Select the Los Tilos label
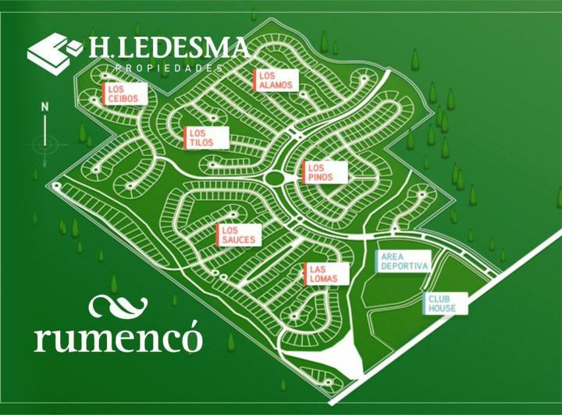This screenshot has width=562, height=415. point(207,138)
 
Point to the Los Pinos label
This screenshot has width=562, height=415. point(325,172)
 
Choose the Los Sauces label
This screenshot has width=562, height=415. point(238,235)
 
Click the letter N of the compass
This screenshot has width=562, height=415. point(45,107)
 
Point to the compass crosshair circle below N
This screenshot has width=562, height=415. point(44,143)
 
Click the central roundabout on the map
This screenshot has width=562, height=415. point(275,178)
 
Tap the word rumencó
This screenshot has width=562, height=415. point(118,336)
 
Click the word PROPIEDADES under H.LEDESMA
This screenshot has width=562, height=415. point(168,69)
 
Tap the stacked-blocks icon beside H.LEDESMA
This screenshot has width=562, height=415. point(54,51)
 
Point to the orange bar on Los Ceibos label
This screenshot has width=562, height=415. point(103,95)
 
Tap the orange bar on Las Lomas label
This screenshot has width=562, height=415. point(304,274)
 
